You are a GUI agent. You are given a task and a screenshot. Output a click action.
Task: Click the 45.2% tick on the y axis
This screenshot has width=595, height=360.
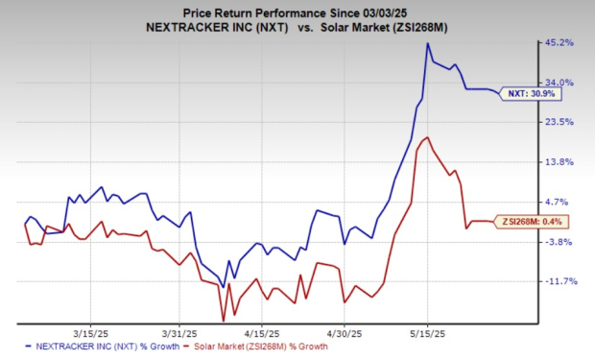click(559, 42)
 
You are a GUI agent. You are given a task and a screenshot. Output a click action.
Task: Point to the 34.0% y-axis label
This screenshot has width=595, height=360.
click(559, 82)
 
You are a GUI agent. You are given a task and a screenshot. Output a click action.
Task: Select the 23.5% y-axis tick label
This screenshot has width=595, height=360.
click(559, 122)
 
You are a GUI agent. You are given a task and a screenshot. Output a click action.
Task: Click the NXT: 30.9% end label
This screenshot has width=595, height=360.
click(531, 94)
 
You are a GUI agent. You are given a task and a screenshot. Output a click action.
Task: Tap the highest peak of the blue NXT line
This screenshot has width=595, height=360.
click(427, 43)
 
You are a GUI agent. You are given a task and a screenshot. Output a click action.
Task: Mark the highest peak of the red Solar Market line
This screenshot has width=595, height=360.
click(427, 137)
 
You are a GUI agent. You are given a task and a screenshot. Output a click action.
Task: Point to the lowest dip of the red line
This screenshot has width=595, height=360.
click(224, 321)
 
